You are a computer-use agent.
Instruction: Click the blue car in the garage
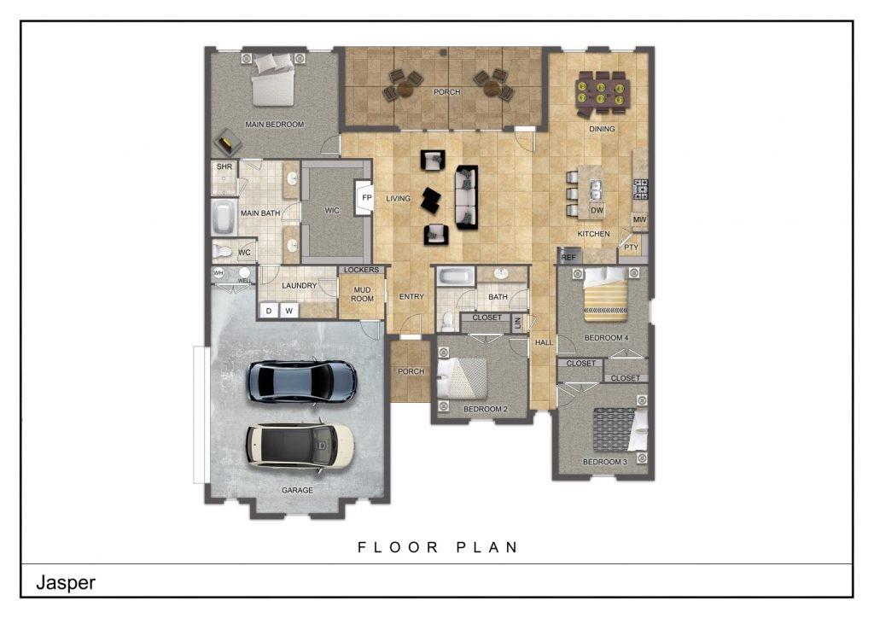(301, 381)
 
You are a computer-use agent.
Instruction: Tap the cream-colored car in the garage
(300, 445)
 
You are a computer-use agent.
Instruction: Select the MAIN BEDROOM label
(274, 125)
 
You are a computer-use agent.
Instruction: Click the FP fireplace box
(366, 197)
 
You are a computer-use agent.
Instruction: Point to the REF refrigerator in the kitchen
(568, 256)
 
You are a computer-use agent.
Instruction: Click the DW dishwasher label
(597, 210)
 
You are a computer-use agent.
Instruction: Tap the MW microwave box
(639, 220)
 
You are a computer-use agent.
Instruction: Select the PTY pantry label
(631, 248)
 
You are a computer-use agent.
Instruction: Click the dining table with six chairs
(602, 92)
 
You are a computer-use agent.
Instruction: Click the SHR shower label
(224, 166)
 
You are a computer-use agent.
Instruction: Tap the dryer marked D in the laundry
(269, 311)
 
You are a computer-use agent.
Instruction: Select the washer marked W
(289, 311)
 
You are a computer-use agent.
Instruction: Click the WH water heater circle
(218, 273)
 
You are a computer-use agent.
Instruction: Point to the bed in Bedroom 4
(606, 295)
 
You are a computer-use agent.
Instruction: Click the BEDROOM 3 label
(604, 462)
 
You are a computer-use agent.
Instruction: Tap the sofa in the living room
(466, 197)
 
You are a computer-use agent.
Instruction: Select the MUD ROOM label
(363, 294)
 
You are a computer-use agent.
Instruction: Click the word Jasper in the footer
(65, 583)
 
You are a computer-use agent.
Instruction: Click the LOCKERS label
(362, 270)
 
